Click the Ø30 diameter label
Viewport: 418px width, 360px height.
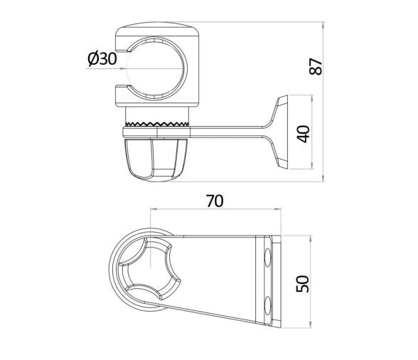pyautogui.click(x=102, y=59)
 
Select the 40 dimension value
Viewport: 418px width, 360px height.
pyautogui.click(x=305, y=133)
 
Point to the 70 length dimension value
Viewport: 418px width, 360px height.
pyautogui.click(x=214, y=201)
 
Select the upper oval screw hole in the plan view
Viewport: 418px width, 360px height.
pyautogui.click(x=267, y=257)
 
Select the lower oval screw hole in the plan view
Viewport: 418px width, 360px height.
pyautogui.click(x=267, y=306)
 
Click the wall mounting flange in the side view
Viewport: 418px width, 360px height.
pyautogui.click(x=281, y=133)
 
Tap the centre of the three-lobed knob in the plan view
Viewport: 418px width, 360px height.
pyautogui.click(x=149, y=274)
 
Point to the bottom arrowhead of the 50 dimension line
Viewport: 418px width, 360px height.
pyautogui.click(x=310, y=327)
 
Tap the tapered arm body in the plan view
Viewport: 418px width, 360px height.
pyautogui.click(x=220, y=277)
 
